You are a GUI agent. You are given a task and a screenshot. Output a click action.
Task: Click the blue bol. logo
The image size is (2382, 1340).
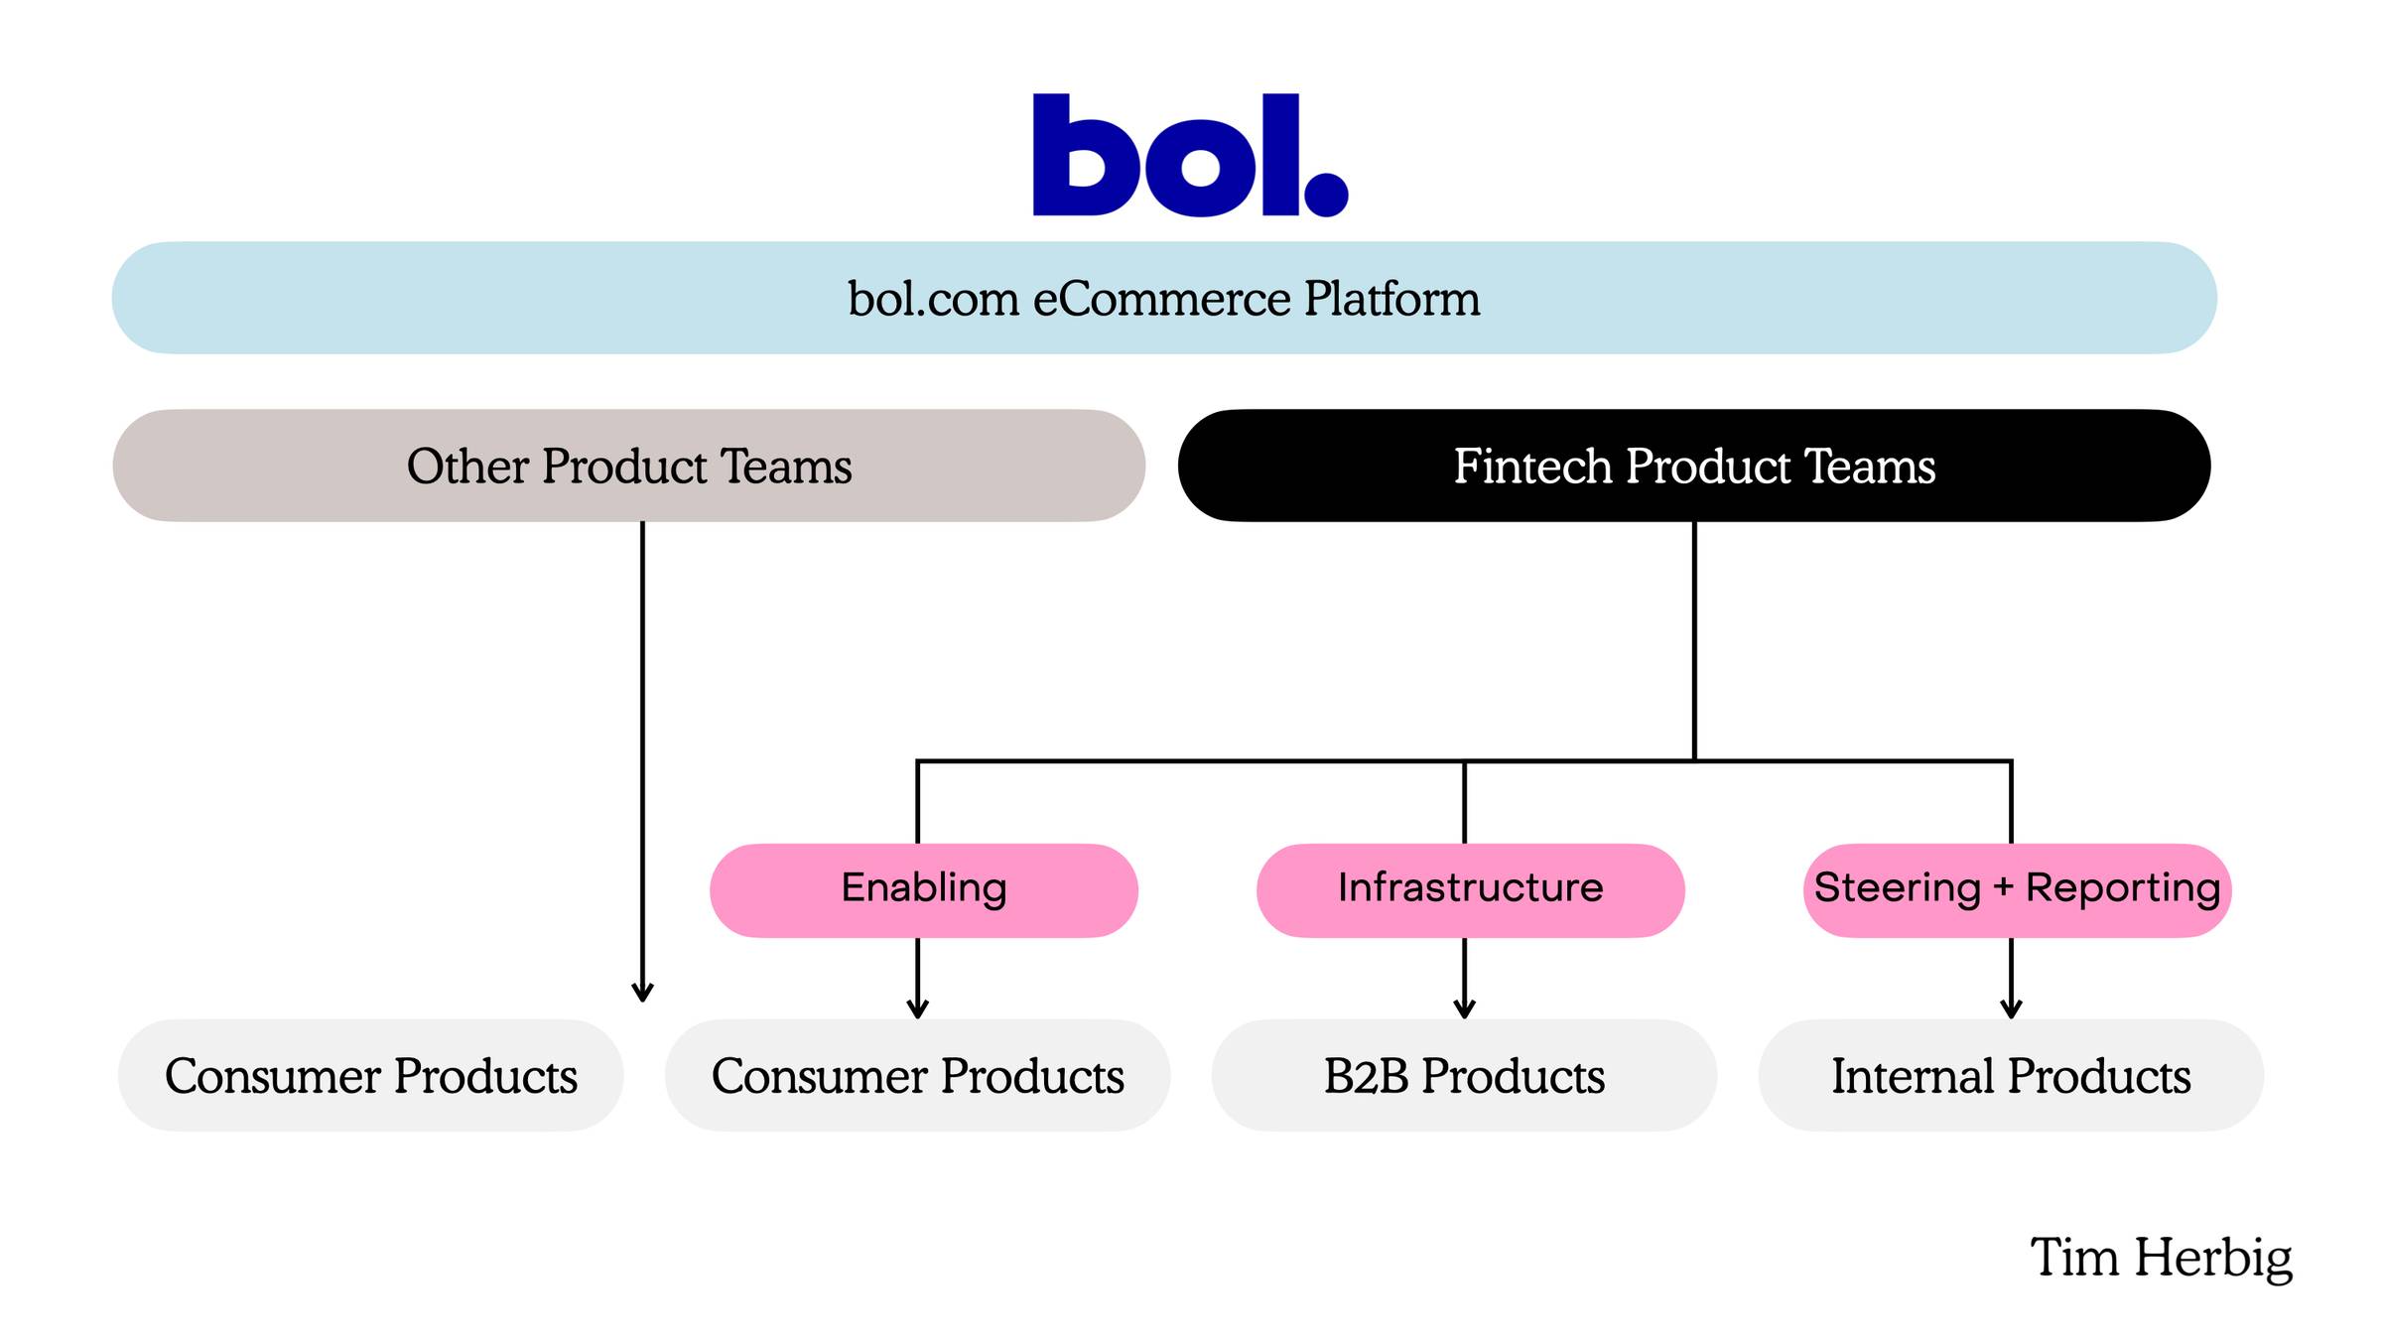point(1190,155)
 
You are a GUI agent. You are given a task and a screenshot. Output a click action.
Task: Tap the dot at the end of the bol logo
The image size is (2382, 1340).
point(1326,195)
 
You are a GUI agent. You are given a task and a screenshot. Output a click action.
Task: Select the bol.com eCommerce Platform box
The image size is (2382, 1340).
point(1164,298)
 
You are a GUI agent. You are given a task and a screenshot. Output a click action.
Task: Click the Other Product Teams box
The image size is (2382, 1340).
point(629,466)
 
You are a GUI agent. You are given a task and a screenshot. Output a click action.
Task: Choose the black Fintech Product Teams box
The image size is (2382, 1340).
point(1694,466)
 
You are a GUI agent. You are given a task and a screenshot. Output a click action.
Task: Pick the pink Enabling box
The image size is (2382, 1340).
point(924,890)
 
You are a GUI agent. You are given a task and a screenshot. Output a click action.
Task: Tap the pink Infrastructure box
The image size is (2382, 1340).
point(1471,890)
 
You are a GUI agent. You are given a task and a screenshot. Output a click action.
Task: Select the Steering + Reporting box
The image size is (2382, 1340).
point(2018,890)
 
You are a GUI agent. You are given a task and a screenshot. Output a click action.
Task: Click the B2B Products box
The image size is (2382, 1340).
point(1464,1075)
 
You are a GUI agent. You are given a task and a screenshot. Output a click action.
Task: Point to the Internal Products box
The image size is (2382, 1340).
point(2011,1075)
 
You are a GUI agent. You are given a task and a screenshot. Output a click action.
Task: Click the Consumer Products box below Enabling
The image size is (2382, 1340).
point(918,1075)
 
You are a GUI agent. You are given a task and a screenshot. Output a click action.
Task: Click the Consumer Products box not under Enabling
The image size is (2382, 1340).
point(371,1075)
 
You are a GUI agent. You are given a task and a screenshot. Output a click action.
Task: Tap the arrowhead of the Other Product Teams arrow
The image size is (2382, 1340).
point(643,993)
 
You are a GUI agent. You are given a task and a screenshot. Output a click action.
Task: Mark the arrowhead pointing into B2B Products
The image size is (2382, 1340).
point(1465,1009)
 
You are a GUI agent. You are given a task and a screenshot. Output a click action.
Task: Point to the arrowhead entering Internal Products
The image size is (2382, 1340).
point(2012,1009)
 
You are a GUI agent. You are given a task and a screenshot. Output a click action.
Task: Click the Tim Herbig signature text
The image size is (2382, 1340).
point(2162,1259)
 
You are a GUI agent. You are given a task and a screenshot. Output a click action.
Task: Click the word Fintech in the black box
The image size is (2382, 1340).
point(1532,466)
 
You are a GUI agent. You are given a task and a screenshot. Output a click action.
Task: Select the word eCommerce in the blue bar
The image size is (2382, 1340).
point(1161,299)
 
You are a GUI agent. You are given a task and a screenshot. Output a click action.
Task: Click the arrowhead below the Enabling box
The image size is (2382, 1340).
point(918,1009)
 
